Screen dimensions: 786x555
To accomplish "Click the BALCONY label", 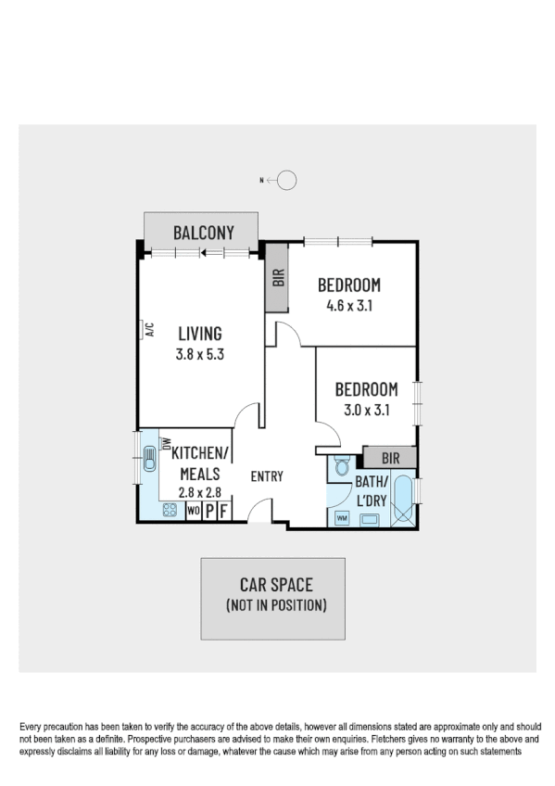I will [204, 233].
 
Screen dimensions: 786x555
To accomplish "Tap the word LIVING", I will [200, 334].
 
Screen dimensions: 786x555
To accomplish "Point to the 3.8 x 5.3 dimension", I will [200, 352].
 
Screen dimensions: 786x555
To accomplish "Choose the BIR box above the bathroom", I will [389, 457].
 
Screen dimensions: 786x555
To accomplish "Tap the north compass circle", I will [287, 181].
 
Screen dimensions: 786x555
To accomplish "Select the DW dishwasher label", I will [167, 444].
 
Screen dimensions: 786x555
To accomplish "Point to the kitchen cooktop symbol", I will [170, 510].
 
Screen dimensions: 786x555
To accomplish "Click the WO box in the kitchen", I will [194, 510].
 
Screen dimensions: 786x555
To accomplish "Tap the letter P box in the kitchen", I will [209, 510].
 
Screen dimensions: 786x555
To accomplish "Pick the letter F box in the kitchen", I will [222, 510].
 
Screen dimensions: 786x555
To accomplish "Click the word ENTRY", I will [267, 476].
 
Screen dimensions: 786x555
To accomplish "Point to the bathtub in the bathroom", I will [403, 501].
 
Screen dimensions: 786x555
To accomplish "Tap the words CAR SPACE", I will [276, 585].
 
